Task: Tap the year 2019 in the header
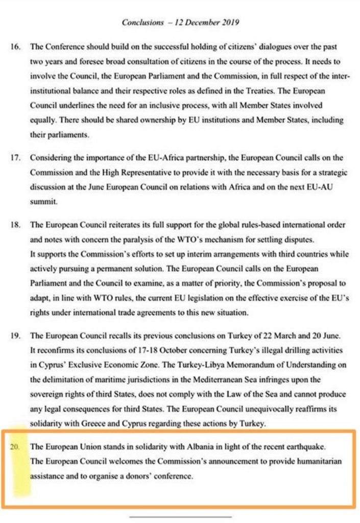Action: (x=229, y=22)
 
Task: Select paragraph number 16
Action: (x=15, y=46)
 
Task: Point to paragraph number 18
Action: (x=15, y=225)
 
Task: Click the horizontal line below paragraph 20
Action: (x=180, y=516)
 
